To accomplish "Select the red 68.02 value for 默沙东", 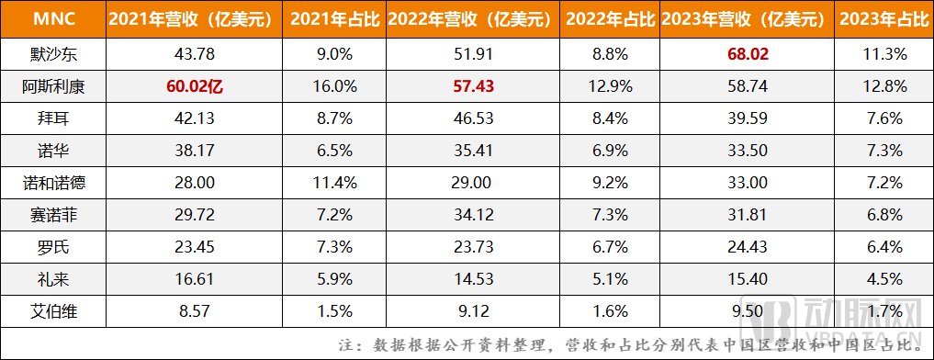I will coord(747,55).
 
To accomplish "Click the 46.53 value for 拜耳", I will coord(474,119).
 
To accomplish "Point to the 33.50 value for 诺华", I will coord(747,152).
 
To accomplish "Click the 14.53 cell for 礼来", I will coord(474,280).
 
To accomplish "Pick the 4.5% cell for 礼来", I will coord(883,280).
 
